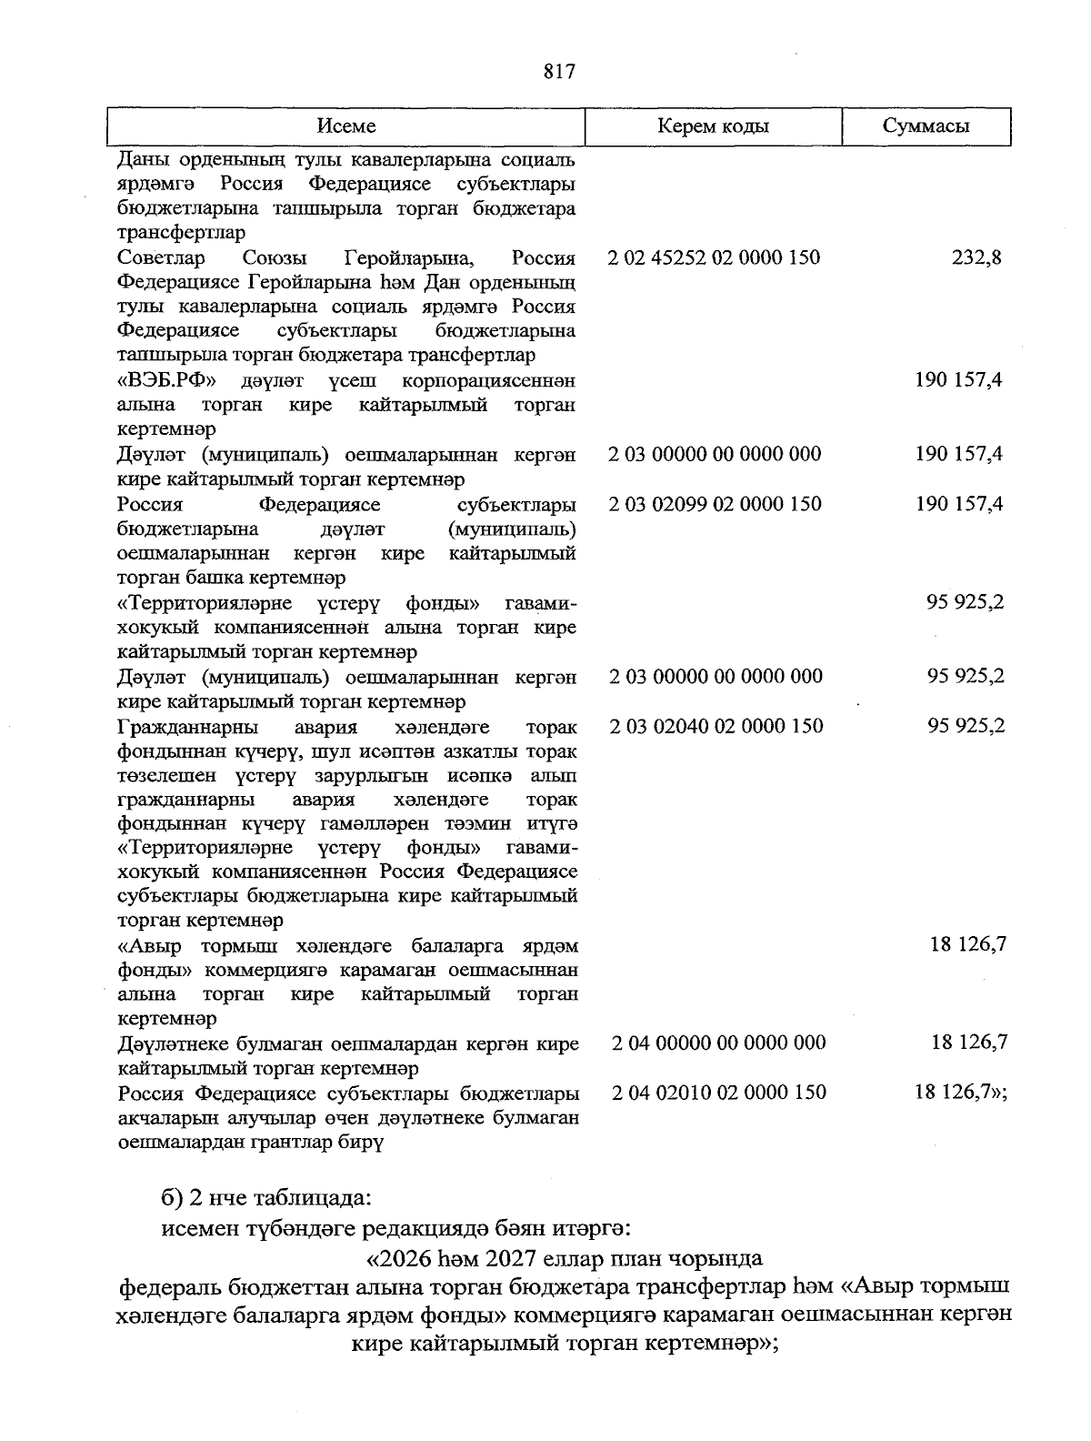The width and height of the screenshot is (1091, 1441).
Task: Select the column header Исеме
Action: click(x=346, y=126)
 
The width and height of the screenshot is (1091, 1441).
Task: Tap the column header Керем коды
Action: click(x=713, y=126)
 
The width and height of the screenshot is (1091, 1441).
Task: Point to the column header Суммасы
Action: click(x=926, y=126)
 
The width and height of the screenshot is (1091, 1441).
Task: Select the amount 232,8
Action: click(x=976, y=257)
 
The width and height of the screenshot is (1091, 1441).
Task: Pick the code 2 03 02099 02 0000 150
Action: click(x=715, y=504)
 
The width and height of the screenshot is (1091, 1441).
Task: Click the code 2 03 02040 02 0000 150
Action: click(x=716, y=726)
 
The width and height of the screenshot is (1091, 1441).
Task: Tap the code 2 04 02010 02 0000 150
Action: click(x=719, y=1093)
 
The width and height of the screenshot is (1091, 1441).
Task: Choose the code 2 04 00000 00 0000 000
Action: click(x=719, y=1043)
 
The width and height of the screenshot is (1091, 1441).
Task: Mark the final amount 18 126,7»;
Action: click(x=961, y=1093)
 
